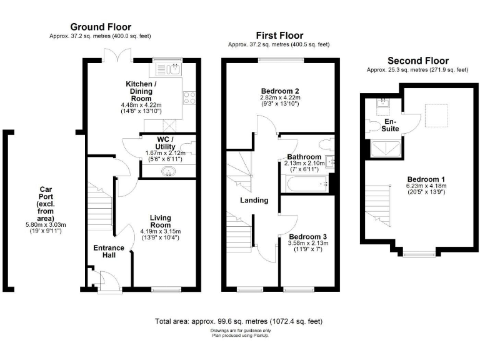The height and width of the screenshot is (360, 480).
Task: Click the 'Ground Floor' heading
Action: (101, 27)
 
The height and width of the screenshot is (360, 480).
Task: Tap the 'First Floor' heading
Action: (279, 35)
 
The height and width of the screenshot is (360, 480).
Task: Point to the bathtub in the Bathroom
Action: (304, 184)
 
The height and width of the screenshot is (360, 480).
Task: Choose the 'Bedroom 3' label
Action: (306, 237)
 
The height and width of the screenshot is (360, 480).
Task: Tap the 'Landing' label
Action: (254, 201)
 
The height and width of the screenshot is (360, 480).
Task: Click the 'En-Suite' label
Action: (390, 125)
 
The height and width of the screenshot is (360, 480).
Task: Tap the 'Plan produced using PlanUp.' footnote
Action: (241, 336)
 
